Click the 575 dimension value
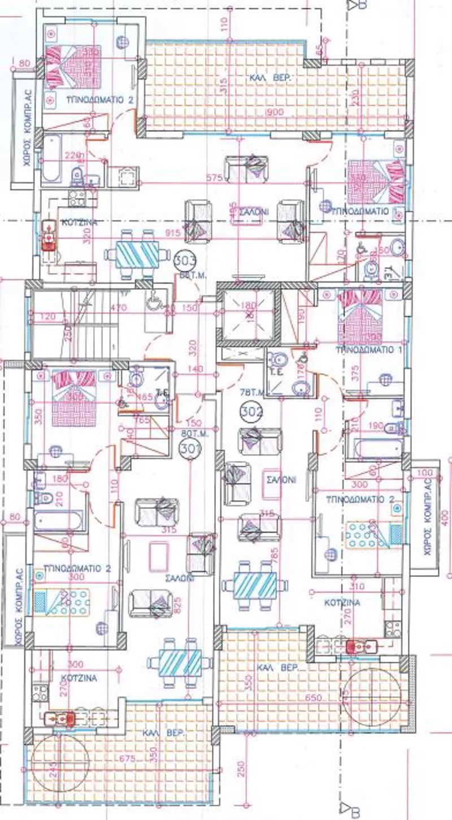tap(214, 178)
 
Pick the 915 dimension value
tap(173, 232)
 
